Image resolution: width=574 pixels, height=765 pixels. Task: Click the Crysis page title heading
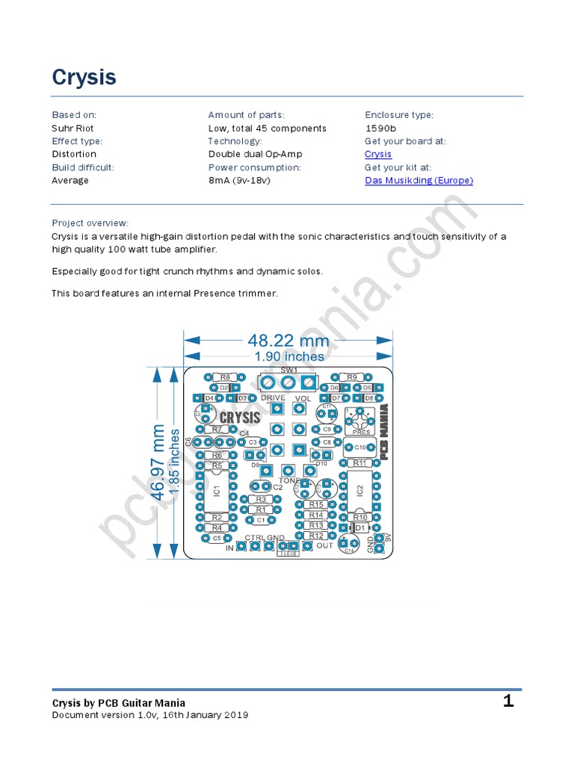tap(84, 78)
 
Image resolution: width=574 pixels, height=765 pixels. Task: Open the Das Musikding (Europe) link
tap(419, 181)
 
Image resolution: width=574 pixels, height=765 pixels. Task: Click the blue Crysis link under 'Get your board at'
tap(378, 155)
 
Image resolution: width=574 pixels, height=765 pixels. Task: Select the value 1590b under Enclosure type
tap(380, 128)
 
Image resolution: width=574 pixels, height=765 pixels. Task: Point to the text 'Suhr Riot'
tap(72, 128)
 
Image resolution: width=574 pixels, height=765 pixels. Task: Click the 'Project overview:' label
tap(90, 223)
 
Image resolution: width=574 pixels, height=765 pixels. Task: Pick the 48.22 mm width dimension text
tap(288, 341)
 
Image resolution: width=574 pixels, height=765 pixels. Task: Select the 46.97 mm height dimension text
tap(157, 462)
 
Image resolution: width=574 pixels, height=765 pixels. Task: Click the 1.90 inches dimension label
tap(288, 356)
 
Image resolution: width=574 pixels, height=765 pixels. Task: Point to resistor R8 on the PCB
tap(224, 378)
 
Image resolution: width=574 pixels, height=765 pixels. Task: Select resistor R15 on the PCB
tap(316, 505)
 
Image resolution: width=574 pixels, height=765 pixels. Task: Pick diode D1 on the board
tap(360, 527)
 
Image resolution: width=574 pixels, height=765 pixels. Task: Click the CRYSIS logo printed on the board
tap(240, 418)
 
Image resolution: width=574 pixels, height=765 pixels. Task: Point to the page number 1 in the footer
tap(508, 701)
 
